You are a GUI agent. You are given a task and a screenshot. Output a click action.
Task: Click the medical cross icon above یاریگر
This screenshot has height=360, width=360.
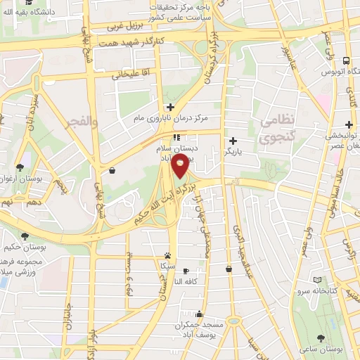click(233, 141)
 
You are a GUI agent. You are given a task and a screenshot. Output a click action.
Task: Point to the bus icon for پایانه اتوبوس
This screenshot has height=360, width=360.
click(345, 61)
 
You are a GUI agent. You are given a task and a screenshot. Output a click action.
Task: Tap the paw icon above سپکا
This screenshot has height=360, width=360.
click(167, 256)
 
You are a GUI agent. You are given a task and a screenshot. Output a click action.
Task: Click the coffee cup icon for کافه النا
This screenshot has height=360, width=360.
click(186, 271)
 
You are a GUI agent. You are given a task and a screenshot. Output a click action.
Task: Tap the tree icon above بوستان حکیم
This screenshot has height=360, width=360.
click(25, 236)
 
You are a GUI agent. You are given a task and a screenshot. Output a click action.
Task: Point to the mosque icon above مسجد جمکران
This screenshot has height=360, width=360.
click(200, 314)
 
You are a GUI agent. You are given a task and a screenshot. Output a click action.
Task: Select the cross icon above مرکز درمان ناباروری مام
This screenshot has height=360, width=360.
click(169, 107)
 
